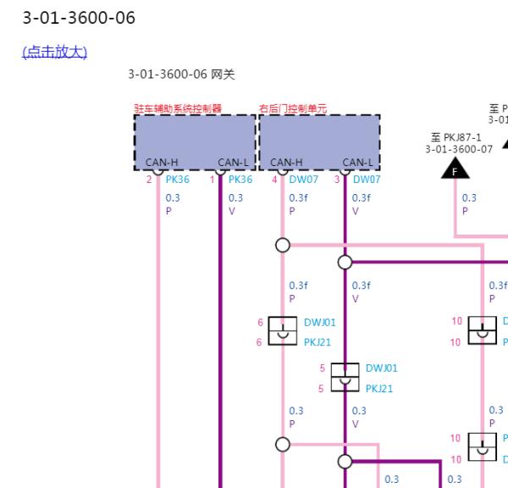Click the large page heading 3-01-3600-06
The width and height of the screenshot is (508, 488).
[79, 17]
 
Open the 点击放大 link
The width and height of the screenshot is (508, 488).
[54, 53]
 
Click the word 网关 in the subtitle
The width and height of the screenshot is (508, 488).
[223, 75]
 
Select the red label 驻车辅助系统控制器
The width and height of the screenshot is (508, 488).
[178, 108]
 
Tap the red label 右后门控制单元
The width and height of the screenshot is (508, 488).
[293, 108]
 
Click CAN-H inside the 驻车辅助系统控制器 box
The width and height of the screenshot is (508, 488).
[162, 162]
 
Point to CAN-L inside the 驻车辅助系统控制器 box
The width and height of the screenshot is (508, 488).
[233, 162]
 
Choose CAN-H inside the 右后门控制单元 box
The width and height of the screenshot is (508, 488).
[286, 162]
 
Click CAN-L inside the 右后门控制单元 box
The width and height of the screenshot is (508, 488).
[357, 162]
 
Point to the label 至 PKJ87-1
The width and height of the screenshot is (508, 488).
[456, 137]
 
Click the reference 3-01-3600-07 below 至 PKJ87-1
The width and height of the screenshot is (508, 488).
[458, 149]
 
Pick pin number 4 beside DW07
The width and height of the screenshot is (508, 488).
[274, 180]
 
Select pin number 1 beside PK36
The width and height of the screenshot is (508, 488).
[211, 180]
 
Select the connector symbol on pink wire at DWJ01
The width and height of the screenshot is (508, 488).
[282, 331]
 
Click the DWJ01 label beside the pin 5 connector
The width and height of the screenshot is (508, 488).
[381, 368]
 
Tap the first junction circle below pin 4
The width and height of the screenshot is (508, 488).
[283, 246]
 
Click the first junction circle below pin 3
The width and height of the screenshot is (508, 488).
[345, 262]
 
